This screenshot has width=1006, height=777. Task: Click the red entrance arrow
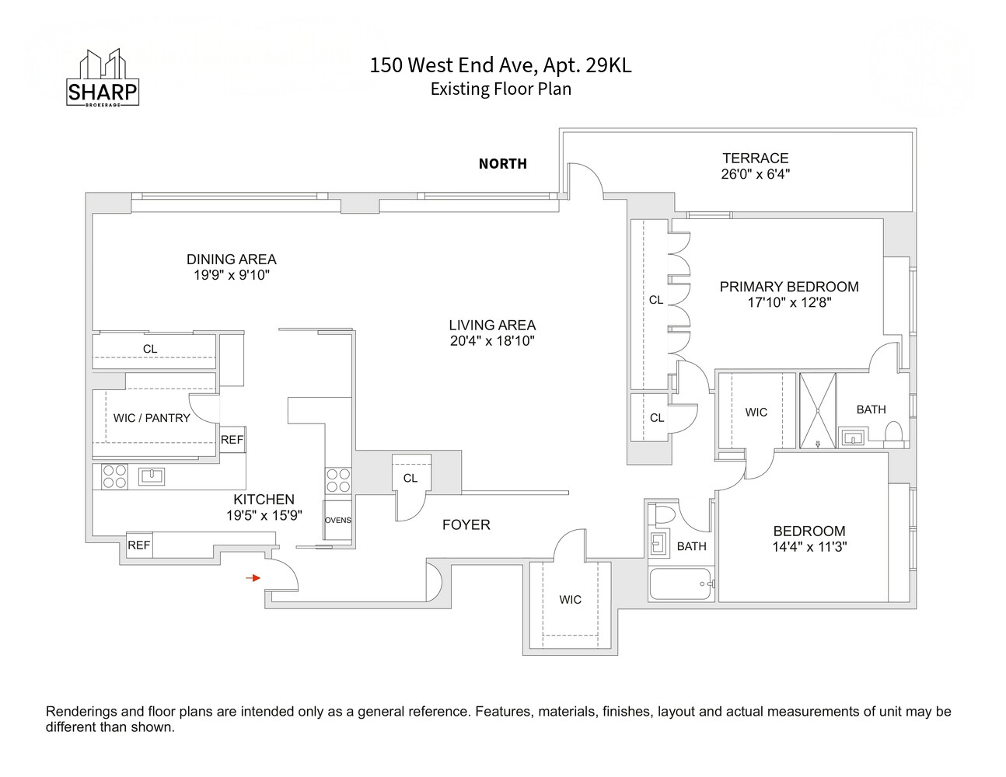[253, 578]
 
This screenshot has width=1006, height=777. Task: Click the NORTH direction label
[502, 164]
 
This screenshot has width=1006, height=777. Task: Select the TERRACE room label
[755, 158]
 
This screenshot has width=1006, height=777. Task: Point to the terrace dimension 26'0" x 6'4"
[755, 174]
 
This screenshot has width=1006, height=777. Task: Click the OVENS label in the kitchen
[337, 521]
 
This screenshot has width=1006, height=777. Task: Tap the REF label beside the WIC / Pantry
[232, 440]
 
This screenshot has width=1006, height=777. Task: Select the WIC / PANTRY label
[152, 418]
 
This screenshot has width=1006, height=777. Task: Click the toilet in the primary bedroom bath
[893, 433]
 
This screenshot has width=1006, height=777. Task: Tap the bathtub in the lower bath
[680, 584]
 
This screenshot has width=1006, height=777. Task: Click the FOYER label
[466, 525]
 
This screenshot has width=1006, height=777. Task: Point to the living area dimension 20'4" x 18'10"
[492, 341]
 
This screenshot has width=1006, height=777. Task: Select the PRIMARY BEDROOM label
[788, 287]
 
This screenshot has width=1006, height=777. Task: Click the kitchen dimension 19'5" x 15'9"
[264, 515]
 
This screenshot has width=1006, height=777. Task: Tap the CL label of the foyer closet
[410, 479]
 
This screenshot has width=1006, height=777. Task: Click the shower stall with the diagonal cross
[818, 410]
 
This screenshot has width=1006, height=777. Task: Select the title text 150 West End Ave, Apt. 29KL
[500, 65]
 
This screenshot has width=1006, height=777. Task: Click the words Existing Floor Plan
[501, 89]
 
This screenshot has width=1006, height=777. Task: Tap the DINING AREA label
[231, 260]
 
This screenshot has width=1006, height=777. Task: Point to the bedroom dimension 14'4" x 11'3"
[809, 547]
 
